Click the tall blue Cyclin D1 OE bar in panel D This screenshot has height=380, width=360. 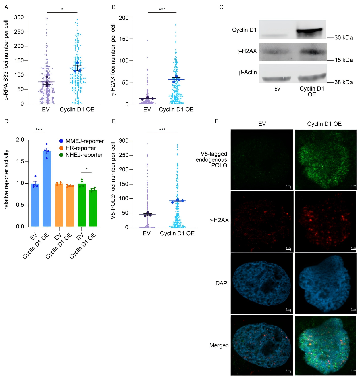[47, 190]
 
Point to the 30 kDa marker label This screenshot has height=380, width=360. [344, 38]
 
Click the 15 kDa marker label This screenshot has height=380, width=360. [344, 60]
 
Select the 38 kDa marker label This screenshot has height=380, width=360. [344, 82]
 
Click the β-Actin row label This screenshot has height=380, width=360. [248, 72]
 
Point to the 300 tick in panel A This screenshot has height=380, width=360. [19, 17]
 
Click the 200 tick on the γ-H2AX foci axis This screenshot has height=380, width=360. [124, 18]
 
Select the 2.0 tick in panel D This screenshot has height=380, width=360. [20, 140]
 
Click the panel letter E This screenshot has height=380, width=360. [114, 121]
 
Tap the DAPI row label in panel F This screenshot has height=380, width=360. [222, 283]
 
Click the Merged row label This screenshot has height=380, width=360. [219, 345]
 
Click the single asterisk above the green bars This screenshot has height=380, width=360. [86, 169]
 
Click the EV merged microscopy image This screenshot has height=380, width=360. [262, 345]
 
